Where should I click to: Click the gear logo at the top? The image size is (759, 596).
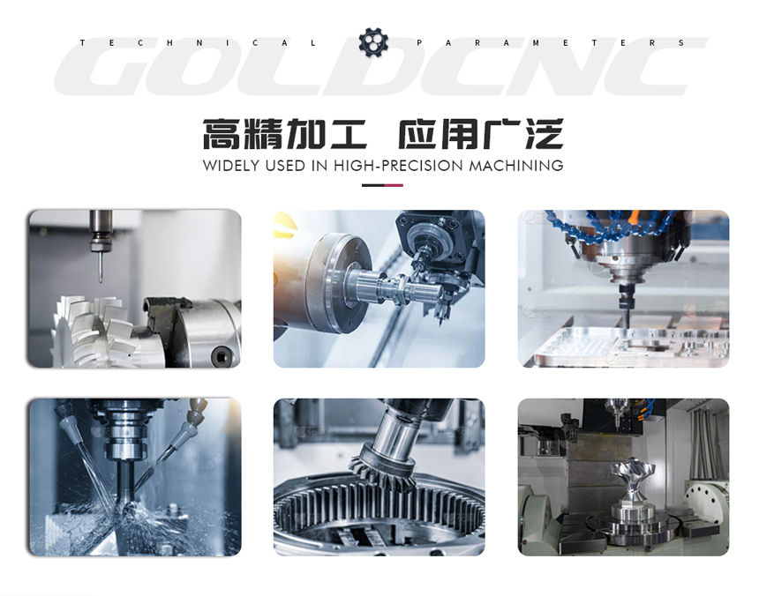pyautogui.click(x=373, y=42)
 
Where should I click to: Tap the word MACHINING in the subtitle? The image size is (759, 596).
pyautogui.click(x=516, y=166)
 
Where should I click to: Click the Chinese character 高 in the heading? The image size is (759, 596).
pyautogui.click(x=222, y=134)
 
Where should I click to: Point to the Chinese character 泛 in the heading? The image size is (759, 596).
pyautogui.click(x=545, y=134)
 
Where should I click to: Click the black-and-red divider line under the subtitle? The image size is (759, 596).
pyautogui.click(x=382, y=185)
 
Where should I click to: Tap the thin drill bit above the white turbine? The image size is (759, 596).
pyautogui.click(x=101, y=267)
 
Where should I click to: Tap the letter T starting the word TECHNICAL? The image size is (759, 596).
pyautogui.click(x=82, y=43)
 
